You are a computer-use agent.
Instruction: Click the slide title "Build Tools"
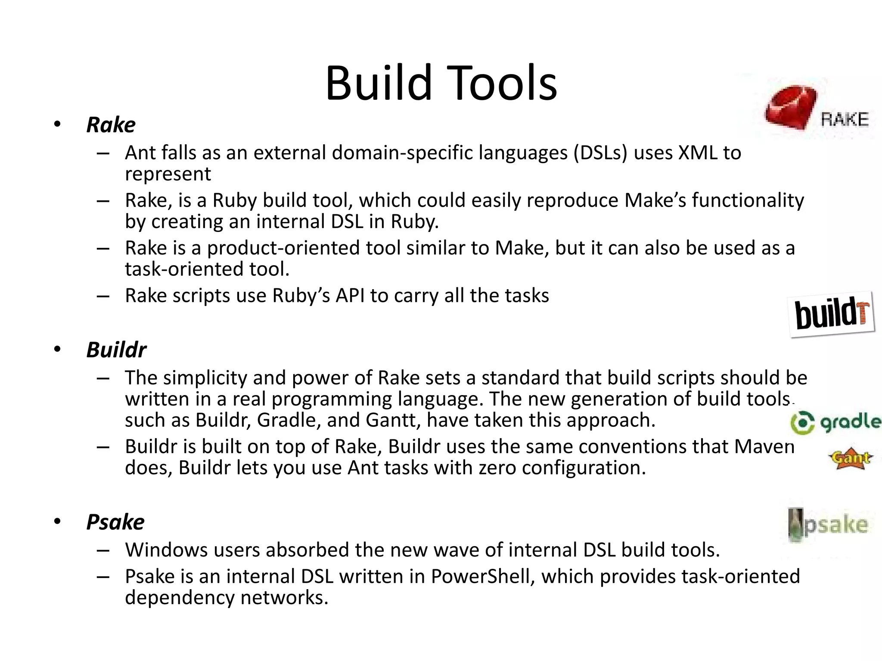441,83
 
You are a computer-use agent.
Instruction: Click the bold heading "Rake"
111,125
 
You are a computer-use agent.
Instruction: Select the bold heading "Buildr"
116,350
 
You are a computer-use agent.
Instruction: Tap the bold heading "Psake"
115,522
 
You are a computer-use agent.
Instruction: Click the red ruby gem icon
791,107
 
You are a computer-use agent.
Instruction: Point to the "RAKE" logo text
845,120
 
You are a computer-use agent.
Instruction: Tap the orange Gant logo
851,459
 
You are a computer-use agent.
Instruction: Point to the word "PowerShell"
483,577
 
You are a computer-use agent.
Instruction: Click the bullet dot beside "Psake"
58,522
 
